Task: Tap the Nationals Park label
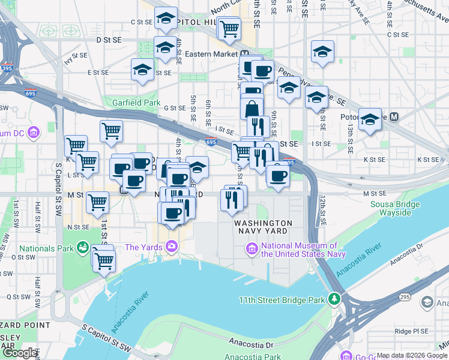46,248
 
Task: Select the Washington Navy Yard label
264,227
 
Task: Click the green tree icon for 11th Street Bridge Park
334,299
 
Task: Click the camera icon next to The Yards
172,247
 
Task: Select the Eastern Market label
207,54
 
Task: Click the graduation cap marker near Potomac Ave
370,118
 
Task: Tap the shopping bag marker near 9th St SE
252,109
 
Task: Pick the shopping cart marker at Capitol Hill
229,28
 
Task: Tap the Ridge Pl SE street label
410,331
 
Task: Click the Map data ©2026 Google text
412,355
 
